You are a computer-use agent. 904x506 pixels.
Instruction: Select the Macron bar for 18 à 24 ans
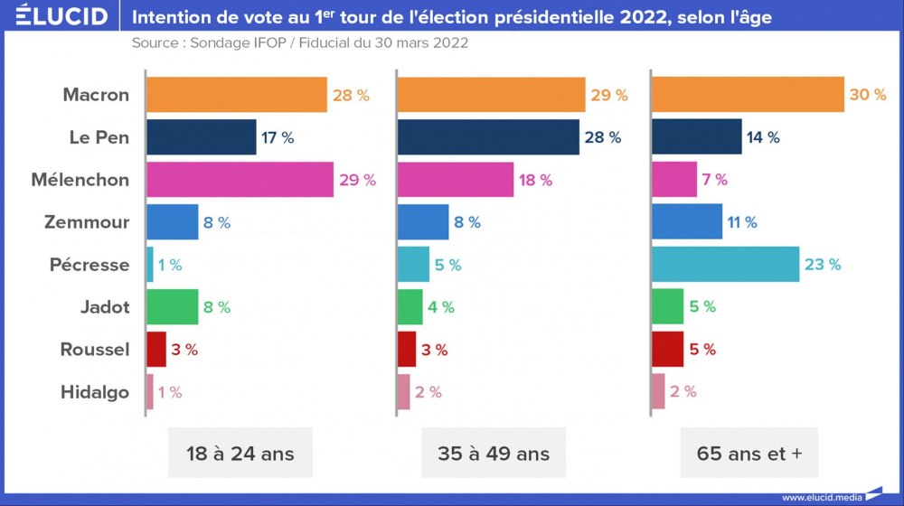[236, 95]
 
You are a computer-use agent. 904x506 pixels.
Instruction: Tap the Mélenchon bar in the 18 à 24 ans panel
[240, 180]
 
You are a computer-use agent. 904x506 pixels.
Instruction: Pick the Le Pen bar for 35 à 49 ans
[488, 137]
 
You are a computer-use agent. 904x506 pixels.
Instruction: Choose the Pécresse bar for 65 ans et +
[725, 264]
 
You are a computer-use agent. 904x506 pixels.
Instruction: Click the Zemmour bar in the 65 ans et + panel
[687, 221]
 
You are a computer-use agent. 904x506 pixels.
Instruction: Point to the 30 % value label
[868, 95]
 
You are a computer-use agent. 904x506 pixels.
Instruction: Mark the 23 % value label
[823, 264]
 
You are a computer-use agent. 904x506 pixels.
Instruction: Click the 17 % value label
[278, 137]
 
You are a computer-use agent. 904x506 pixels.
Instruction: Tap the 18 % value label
[535, 180]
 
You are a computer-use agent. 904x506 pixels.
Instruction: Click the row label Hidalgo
[95, 392]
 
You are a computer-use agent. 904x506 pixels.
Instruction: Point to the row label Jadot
[105, 307]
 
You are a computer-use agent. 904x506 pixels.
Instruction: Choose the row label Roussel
[95, 350]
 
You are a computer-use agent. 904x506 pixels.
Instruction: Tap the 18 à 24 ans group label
[240, 454]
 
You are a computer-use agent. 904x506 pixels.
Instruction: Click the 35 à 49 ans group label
[493, 454]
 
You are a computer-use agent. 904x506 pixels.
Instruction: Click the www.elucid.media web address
[820, 496]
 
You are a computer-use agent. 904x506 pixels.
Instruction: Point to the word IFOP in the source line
[263, 42]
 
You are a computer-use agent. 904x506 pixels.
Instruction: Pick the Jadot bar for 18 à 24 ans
[172, 307]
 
